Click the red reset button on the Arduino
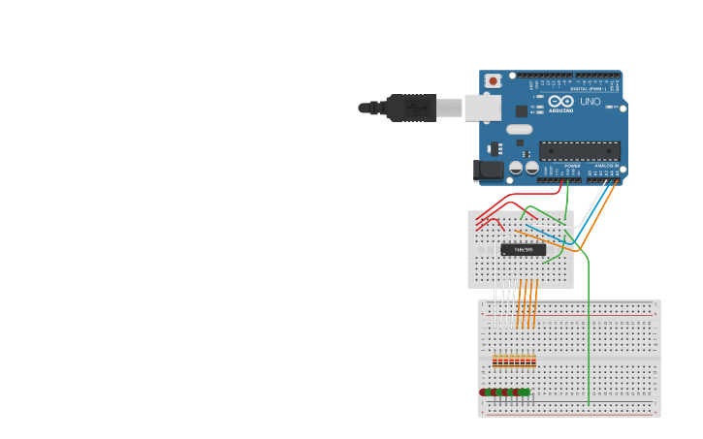pyautogui.click(x=493, y=81)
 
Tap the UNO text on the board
pyautogui.click(x=590, y=102)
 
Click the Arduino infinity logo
pyautogui.click(x=560, y=101)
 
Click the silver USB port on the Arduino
pyautogui.click(x=482, y=108)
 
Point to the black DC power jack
pyautogui.click(x=489, y=171)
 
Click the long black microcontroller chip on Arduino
pyautogui.click(x=579, y=151)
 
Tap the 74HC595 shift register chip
pyautogui.click(x=523, y=250)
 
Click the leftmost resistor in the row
pyautogui.click(x=495, y=361)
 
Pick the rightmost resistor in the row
pyautogui.click(x=533, y=361)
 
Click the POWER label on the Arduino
pyautogui.click(x=572, y=166)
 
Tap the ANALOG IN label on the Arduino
pyautogui.click(x=607, y=166)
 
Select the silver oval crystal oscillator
pyautogui.click(x=519, y=129)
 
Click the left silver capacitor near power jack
pyautogui.click(x=516, y=168)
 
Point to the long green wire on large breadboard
pyautogui.click(x=589, y=339)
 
